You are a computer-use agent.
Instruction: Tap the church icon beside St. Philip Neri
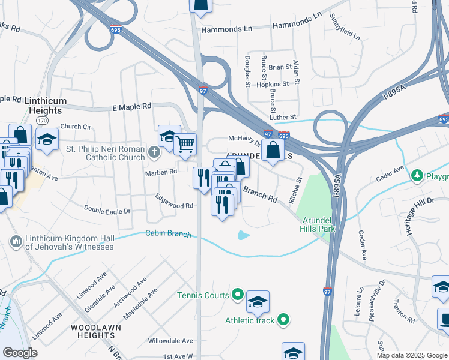click(x=154, y=152)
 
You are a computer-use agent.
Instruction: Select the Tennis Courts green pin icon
click(x=238, y=295)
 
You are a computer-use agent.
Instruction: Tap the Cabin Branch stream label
click(x=168, y=234)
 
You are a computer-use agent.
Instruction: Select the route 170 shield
click(x=42, y=121)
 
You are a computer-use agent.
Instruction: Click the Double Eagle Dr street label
click(x=107, y=211)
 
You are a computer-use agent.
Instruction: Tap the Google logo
click(x=20, y=353)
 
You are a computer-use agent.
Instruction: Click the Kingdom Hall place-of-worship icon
click(x=16, y=242)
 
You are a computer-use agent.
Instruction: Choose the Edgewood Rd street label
click(x=174, y=205)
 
